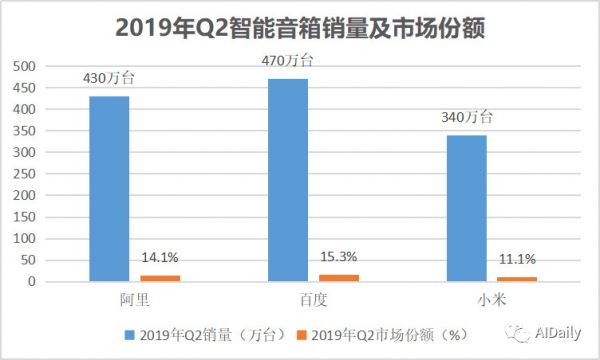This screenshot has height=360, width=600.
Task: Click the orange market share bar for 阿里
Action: pos(160,278)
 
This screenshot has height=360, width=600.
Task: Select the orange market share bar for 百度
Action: pos(339,278)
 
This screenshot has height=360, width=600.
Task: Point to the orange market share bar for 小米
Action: pos(517,279)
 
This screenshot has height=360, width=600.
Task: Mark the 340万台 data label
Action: pos(466,117)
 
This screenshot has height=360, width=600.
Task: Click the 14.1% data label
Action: pos(160,258)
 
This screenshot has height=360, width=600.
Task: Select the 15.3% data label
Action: pos(339,257)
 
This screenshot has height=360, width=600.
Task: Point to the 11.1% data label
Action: pos(517,260)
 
